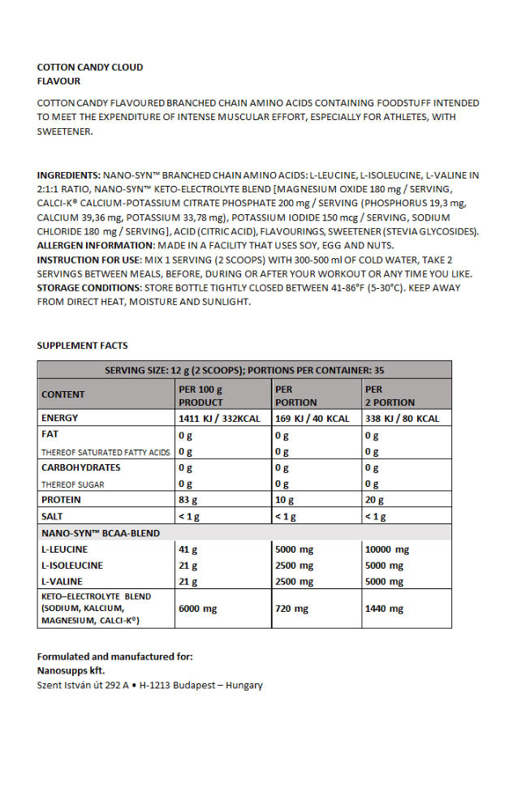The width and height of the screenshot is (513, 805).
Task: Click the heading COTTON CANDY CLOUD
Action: [x=90, y=67]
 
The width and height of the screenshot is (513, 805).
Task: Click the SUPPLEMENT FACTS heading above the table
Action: [x=82, y=346]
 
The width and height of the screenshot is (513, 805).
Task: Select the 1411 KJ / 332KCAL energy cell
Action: [x=214, y=419]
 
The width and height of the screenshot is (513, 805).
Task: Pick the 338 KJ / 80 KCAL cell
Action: [x=402, y=419]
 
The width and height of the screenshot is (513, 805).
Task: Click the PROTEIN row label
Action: [x=61, y=500]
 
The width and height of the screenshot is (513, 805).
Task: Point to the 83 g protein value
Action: [x=188, y=500]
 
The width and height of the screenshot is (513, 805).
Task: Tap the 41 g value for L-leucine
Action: [x=188, y=549]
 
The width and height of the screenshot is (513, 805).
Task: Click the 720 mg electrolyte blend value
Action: [x=292, y=609]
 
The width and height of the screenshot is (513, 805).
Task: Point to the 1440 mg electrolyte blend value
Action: [x=384, y=609]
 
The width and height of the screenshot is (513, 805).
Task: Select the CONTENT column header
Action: [x=63, y=394]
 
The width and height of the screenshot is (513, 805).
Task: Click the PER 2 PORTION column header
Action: [x=390, y=396]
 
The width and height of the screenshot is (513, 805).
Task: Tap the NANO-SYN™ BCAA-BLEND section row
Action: [x=101, y=533]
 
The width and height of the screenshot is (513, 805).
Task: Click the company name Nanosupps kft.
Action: [x=71, y=670]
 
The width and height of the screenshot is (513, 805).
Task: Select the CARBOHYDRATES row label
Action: [x=80, y=467]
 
